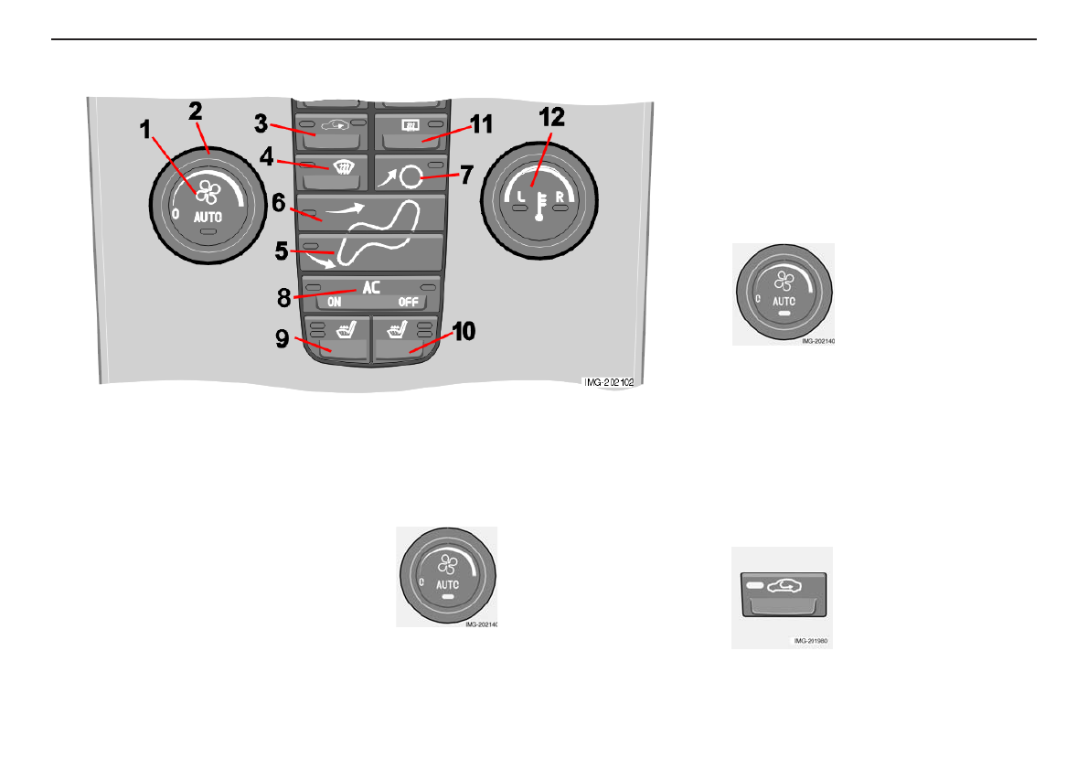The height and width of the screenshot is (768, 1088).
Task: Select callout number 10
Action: point(464,330)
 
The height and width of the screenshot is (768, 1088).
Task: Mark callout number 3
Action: point(260,122)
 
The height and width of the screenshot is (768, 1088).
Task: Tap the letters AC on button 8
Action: point(370,286)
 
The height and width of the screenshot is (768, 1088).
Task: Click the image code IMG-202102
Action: point(609,383)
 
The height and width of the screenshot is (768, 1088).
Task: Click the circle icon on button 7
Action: point(411,174)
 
